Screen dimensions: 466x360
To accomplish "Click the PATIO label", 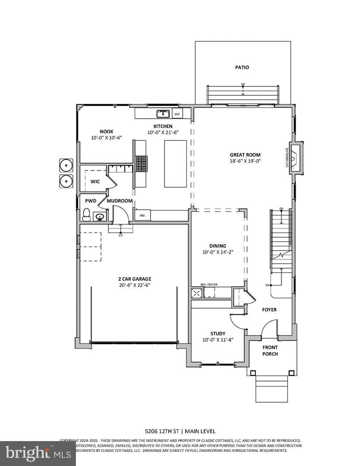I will (242, 67).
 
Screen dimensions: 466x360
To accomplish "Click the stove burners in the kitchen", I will (141, 163).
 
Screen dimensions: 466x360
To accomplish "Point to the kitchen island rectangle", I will (175, 164).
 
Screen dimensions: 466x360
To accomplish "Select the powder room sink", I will (100, 217).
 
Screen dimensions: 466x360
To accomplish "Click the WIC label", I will (95, 182).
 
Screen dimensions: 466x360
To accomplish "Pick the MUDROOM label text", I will (120, 201).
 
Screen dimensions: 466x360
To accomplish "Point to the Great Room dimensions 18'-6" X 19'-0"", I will (245, 161).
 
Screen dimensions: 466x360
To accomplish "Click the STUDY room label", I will (218, 334).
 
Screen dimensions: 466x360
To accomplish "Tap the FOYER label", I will (269, 310).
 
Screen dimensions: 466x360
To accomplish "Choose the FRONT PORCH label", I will (270, 350).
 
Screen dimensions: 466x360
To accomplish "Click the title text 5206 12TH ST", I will (162, 431).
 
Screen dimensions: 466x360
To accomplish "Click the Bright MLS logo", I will (38, 453).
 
